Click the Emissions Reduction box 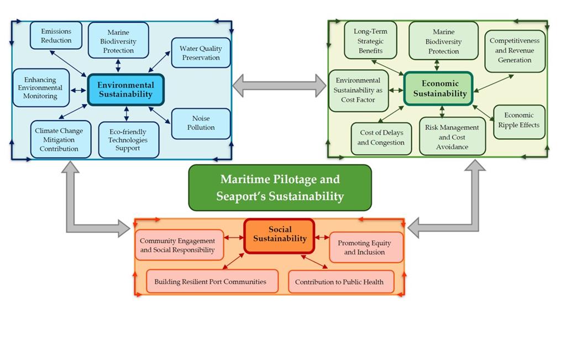point(56,36)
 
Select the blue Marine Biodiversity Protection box point(118,41)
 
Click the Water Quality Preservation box point(200,53)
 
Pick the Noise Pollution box point(201,123)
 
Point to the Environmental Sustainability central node point(125,90)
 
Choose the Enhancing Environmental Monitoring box point(40,88)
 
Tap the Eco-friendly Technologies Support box point(128,140)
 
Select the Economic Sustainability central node point(439,88)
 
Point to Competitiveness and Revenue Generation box point(515,51)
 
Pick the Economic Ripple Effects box point(518,121)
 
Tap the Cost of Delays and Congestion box point(381,138)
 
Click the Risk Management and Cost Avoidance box point(452,137)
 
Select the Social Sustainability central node point(279,234)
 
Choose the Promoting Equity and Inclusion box point(366,248)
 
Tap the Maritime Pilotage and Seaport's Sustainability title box point(280,188)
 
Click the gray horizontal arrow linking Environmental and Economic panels point(279,85)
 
